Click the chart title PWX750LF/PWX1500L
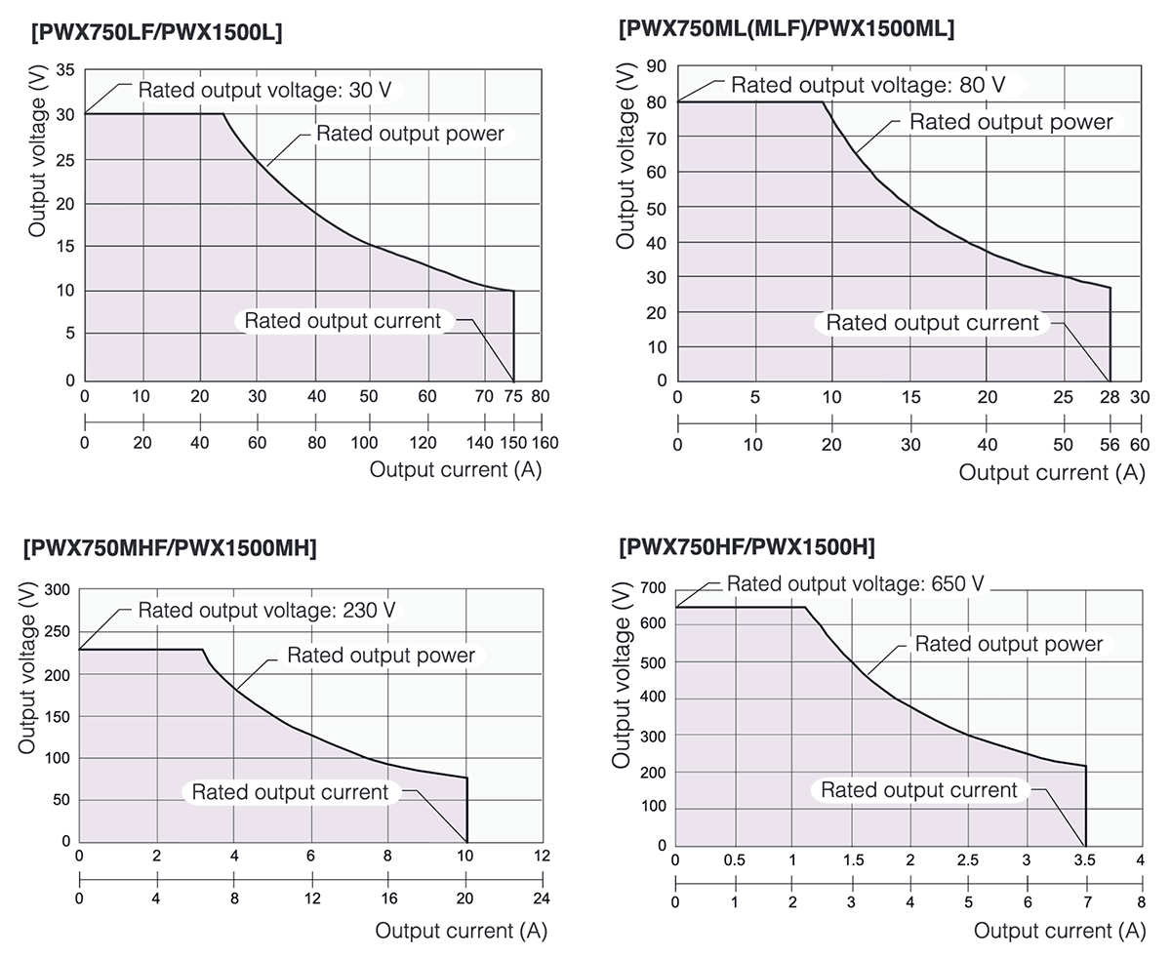click(157, 32)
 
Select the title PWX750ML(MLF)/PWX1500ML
click(787, 28)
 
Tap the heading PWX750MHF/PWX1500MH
click(170, 548)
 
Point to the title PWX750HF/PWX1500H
click(747, 545)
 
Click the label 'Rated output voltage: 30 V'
click(264, 91)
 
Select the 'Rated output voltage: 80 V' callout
click(868, 85)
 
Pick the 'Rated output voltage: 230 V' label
click(266, 611)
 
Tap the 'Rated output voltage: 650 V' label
click(856, 584)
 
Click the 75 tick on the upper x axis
click(513, 397)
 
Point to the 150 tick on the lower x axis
click(513, 443)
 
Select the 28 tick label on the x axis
click(1110, 397)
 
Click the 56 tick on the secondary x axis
click(1110, 445)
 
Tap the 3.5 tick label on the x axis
click(1085, 860)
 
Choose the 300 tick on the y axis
click(59, 589)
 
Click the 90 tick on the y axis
click(656, 67)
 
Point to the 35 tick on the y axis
click(65, 70)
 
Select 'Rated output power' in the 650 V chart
click(1008, 644)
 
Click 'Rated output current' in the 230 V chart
click(290, 792)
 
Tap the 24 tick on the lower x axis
click(542, 898)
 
